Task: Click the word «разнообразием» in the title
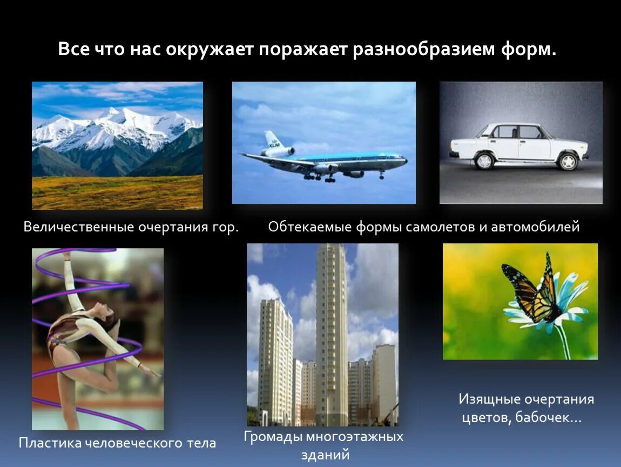tap(425, 50)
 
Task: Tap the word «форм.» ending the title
tap(528, 50)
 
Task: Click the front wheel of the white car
tap(568, 161)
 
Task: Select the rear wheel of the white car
tap(484, 161)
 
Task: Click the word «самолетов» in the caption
tap(442, 227)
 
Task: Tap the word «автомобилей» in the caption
tap(535, 227)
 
